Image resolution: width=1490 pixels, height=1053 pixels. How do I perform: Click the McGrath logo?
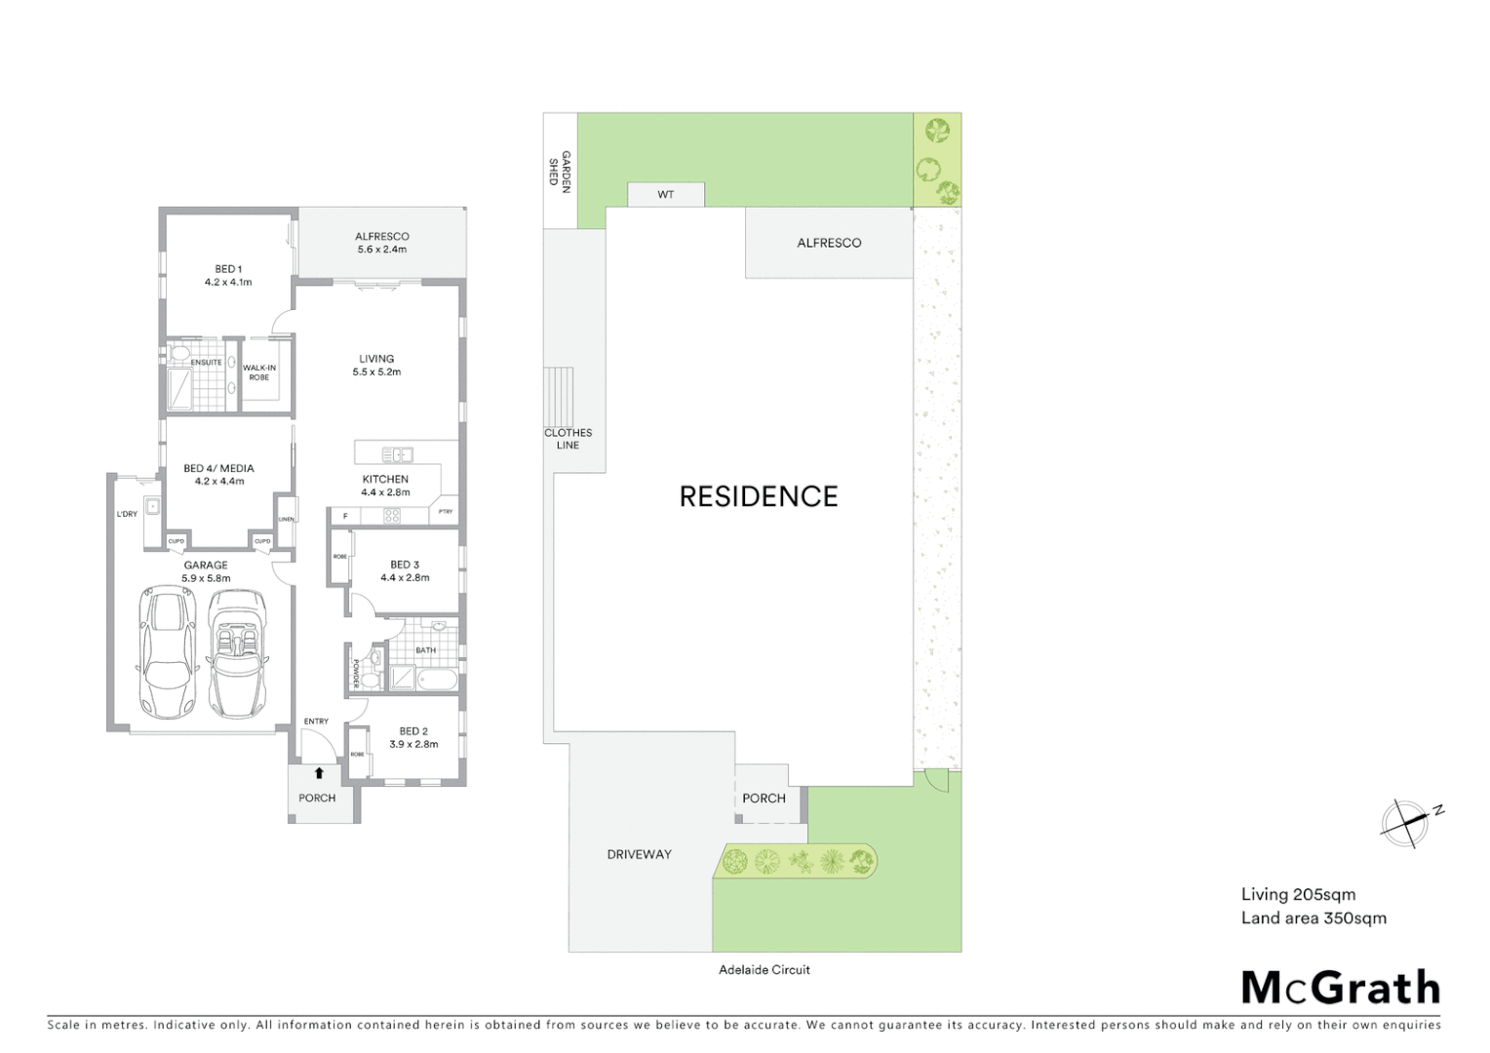(x=1340, y=988)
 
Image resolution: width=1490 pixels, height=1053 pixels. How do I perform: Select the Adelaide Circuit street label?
(x=764, y=969)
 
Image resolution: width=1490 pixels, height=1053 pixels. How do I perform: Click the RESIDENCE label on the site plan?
(x=758, y=496)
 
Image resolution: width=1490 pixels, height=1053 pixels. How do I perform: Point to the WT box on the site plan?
(x=665, y=195)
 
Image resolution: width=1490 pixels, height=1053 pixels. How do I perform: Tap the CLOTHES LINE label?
(x=568, y=439)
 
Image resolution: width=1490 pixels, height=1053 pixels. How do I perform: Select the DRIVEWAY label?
(x=639, y=854)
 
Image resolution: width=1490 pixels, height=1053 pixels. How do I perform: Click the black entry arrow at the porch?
(x=318, y=773)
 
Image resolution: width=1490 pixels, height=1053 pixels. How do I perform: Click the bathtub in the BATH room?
(x=436, y=679)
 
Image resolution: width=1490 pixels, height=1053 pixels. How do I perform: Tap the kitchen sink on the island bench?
(x=397, y=454)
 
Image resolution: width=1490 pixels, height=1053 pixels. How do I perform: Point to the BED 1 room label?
(x=228, y=269)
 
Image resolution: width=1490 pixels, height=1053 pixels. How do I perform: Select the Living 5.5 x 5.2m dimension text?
(x=376, y=371)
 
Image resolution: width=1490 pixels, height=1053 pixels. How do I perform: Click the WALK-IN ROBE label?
(x=258, y=372)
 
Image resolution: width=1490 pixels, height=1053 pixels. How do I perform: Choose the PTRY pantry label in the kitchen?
(x=446, y=512)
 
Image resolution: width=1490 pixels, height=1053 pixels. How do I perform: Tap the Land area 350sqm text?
(x=1313, y=917)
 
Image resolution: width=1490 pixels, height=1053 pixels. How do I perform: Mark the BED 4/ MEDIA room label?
(x=218, y=468)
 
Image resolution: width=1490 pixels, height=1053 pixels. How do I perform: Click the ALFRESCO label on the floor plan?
(x=381, y=236)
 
